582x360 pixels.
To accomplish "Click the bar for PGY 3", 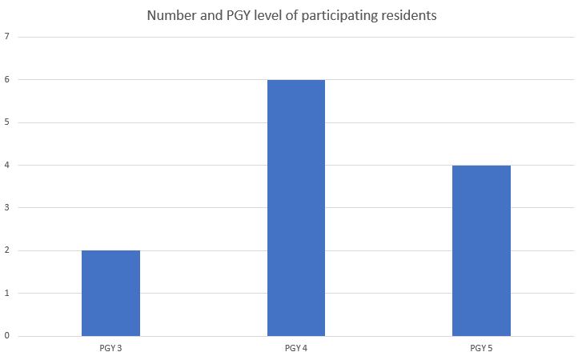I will pos(110,293).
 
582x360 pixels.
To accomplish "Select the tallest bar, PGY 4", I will pos(296,208).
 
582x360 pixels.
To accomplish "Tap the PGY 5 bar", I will pos(481,250).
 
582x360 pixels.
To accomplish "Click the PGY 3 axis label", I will pos(110,349).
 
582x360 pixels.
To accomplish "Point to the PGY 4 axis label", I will pos(296,349).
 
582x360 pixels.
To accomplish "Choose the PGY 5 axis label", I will pos(481,349).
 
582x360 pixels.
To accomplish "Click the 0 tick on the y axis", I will pos(6,336).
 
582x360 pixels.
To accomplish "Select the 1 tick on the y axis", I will pos(6,294).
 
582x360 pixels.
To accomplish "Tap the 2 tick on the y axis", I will pos(6,250).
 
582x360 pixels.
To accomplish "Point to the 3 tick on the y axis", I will pos(6,208).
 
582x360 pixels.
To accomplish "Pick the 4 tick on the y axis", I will pos(6,165).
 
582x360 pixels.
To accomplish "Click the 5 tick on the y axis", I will pos(6,122).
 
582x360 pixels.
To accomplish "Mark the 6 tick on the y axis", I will pos(6,79).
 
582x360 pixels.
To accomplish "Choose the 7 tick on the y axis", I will pos(6,37).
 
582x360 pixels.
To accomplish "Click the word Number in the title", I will pos(169,16).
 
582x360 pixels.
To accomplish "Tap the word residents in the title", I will pos(410,16).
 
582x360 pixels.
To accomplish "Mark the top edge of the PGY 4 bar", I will pos(296,80).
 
